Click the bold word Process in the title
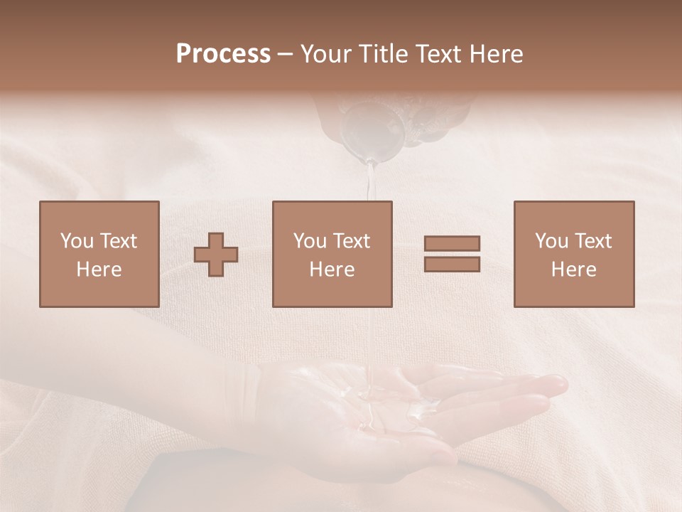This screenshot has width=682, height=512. (223, 54)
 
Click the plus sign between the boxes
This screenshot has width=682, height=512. (216, 255)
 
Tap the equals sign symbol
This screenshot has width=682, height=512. (452, 254)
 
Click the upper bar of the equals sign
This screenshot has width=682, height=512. (452, 244)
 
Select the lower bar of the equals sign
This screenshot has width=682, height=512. (452, 264)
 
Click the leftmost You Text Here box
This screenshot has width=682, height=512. (99, 255)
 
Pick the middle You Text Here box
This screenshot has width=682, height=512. (332, 255)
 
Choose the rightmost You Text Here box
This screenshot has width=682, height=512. (574, 255)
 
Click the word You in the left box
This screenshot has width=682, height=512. (77, 241)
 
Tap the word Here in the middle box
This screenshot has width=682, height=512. (332, 270)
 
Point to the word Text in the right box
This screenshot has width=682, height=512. (592, 241)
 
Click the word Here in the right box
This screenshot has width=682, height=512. (574, 270)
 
